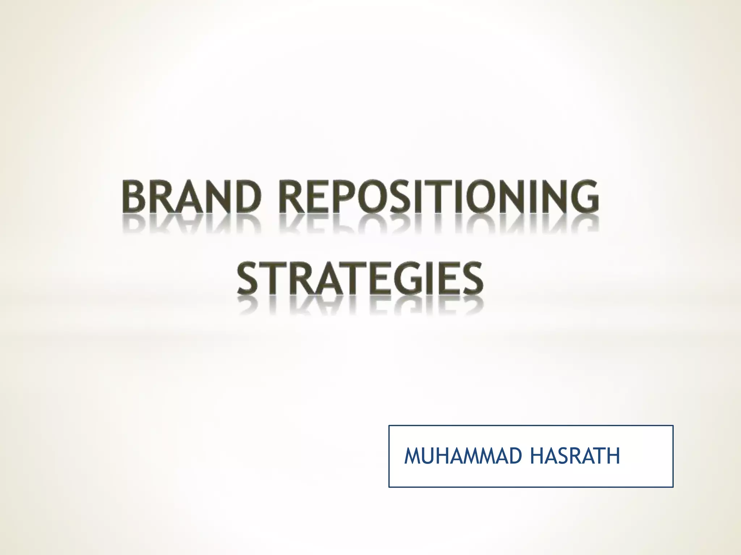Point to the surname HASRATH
tap(575, 456)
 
